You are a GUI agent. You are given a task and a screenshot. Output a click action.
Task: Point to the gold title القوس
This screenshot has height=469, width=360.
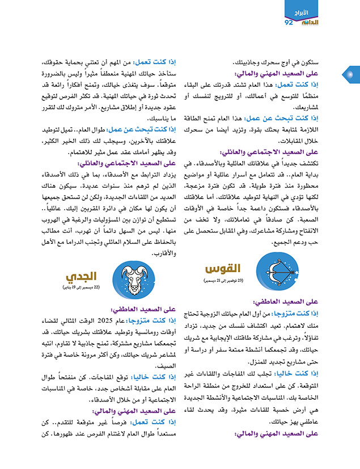tap(224, 268)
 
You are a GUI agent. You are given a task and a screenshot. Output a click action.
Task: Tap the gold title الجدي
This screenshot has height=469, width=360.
tap(79, 277)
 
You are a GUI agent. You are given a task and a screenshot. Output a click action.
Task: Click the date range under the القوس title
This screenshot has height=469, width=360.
tap(225, 281)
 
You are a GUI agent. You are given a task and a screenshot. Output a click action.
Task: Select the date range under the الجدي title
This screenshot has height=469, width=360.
tap(79, 289)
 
